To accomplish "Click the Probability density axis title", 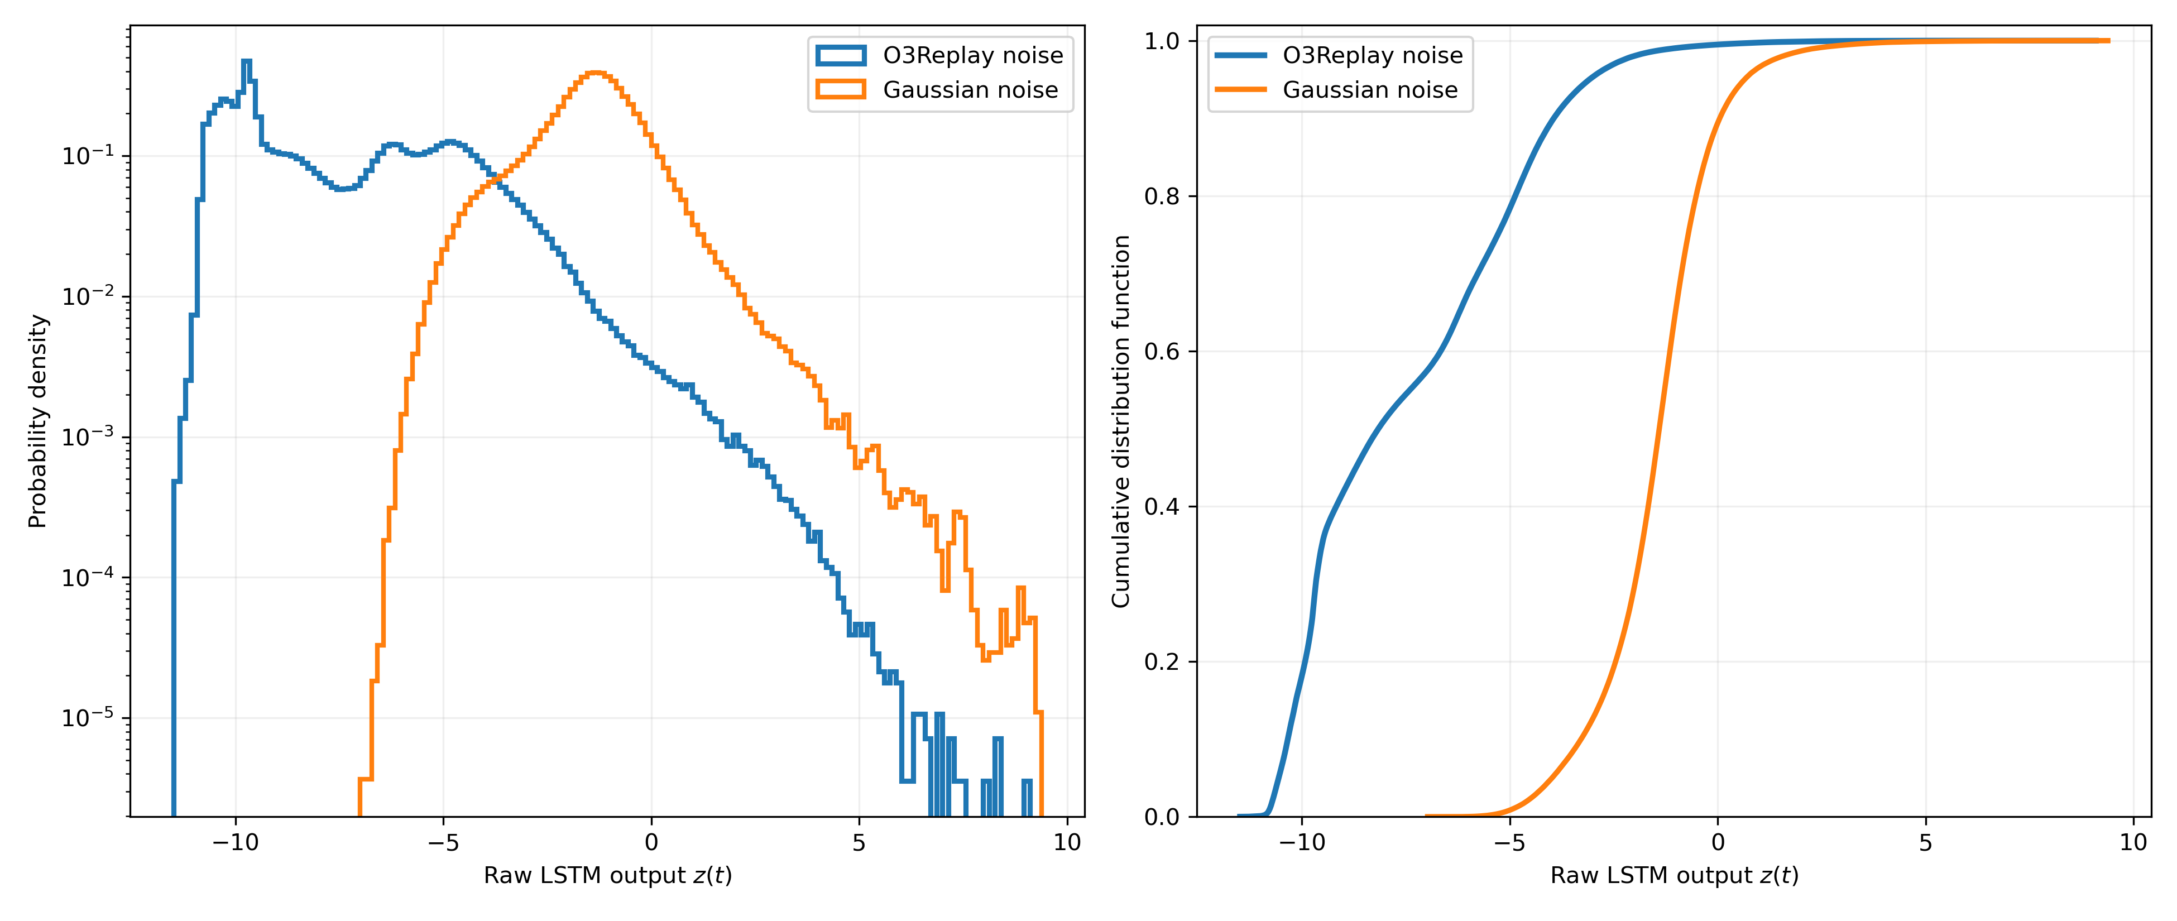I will click(x=37, y=421).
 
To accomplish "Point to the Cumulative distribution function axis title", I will click(x=1121, y=421).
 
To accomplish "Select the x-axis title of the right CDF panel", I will click(x=1674, y=875).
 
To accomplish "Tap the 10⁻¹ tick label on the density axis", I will click(x=88, y=156).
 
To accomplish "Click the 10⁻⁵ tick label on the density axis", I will click(x=88, y=718).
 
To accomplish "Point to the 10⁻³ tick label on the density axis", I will click(x=88, y=437).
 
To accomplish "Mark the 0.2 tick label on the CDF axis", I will click(x=1163, y=661).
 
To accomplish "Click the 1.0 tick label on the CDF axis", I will click(x=1163, y=41).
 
